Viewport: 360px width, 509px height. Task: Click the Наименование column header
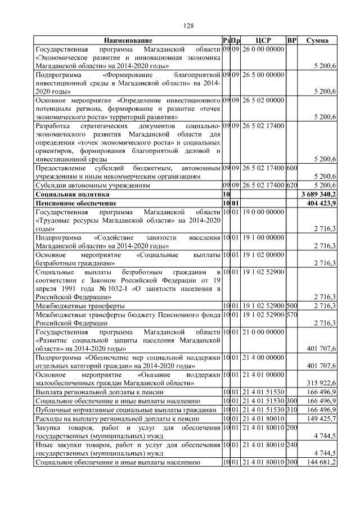tap(128, 40)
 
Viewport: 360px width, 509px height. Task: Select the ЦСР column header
tap(263, 40)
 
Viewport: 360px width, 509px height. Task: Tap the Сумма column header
tap(318, 40)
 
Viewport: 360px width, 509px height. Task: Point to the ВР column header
tap(291, 40)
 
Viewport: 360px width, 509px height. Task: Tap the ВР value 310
tap(291, 410)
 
